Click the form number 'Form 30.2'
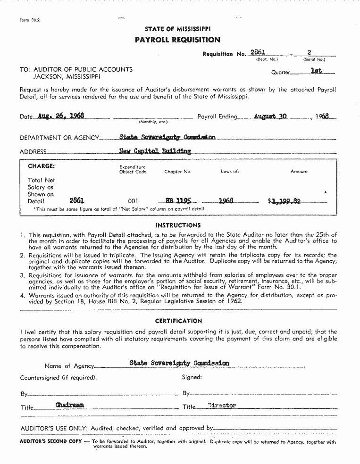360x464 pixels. tap(30, 20)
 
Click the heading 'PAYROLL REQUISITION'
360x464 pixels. tap(177, 40)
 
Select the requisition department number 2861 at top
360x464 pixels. tap(258, 53)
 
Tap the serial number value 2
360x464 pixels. tap(309, 53)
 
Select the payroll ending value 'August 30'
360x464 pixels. tap(270, 116)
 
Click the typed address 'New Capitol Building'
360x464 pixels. tap(155, 151)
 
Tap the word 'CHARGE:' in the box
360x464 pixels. tap(42, 166)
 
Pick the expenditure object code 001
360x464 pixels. tap(133, 201)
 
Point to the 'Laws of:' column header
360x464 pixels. tap(230, 172)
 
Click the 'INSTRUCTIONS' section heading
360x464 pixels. tap(178, 225)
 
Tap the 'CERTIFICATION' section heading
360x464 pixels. tap(178, 321)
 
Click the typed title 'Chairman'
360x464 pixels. tap(70, 405)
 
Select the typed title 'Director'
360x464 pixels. tap(222, 406)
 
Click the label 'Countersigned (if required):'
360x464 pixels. tap(59, 378)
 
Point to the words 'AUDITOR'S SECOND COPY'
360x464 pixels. tap(50, 442)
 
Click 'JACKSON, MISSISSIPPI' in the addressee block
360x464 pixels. tap(67, 76)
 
